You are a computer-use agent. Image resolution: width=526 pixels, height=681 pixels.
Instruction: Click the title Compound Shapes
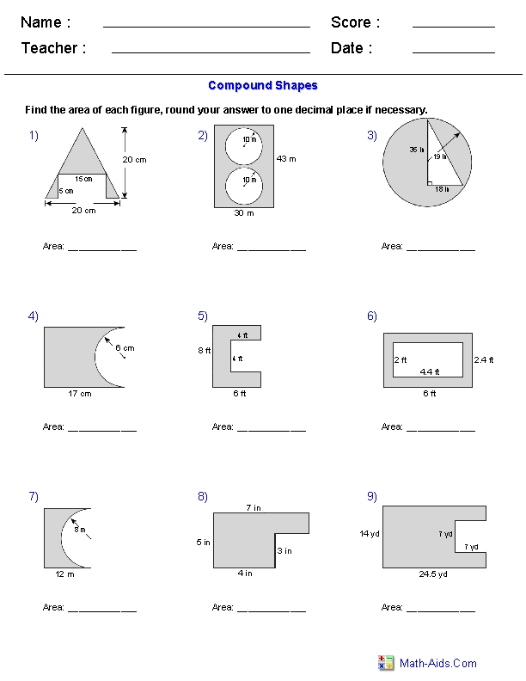tap(263, 86)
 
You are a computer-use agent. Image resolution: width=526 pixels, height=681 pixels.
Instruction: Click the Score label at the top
tap(355, 22)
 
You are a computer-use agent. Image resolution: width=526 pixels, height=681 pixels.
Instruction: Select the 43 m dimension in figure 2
tap(286, 159)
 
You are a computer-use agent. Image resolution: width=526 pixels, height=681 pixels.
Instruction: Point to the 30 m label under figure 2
tap(244, 214)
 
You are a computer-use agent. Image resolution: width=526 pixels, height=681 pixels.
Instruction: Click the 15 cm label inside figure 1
tap(83, 179)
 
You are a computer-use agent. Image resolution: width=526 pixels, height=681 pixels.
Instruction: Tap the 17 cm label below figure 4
tap(80, 394)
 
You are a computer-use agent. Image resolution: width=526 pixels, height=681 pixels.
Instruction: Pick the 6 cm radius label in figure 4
tap(125, 348)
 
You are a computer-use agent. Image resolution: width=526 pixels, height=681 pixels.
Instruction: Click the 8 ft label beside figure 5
tap(203, 350)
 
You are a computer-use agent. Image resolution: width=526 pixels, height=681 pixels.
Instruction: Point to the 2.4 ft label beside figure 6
tap(484, 359)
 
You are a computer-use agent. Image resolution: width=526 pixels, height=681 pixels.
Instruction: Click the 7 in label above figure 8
tap(253, 506)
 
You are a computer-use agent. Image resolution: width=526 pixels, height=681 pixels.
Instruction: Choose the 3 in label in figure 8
tap(284, 550)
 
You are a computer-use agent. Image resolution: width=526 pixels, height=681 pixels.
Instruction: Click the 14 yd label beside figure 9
tap(370, 534)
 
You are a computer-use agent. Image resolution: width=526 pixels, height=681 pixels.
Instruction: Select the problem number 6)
tap(371, 316)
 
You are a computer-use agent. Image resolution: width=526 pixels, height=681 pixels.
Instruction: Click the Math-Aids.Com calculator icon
tap(386, 663)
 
